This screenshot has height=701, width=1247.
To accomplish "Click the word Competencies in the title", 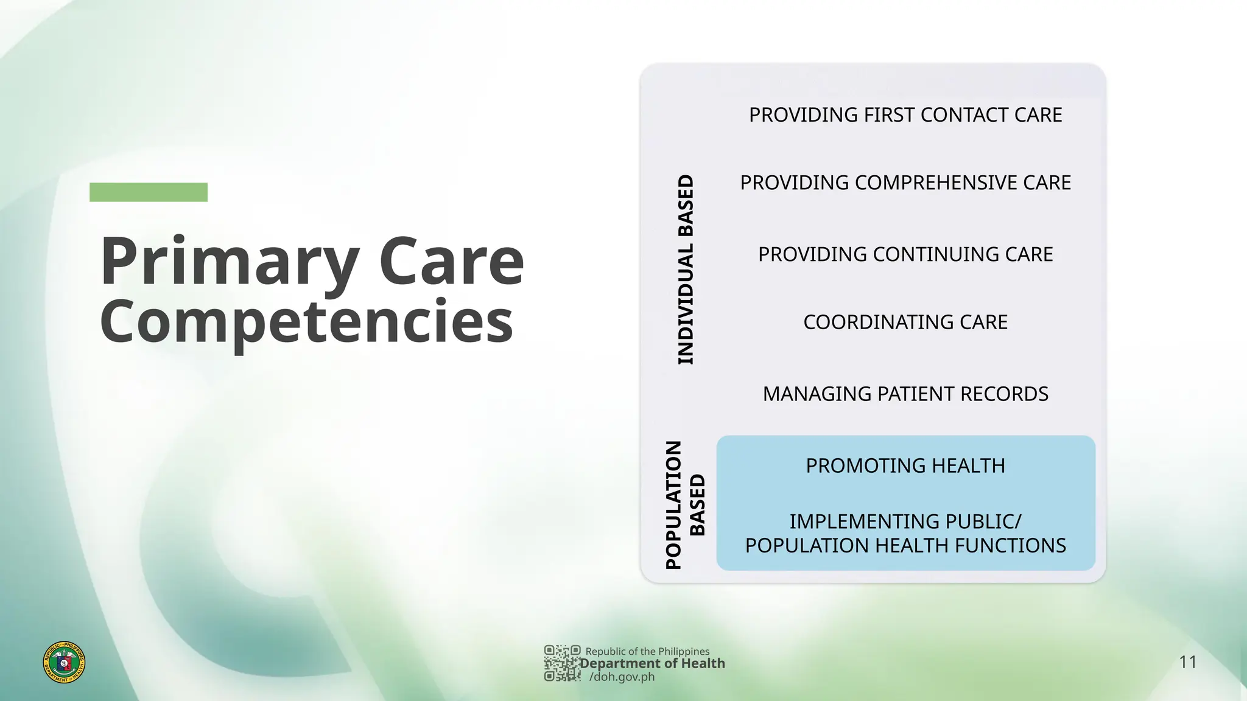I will point(306,323).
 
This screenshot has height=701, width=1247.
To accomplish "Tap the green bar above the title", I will point(148,192).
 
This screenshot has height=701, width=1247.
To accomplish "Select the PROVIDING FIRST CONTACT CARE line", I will point(905,115).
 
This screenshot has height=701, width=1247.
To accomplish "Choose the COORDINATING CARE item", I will point(905,322).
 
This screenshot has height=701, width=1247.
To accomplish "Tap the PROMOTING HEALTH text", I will point(905,466).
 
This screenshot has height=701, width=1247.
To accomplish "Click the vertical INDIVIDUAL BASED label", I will point(686,270).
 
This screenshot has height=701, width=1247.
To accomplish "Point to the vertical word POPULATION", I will point(673,505).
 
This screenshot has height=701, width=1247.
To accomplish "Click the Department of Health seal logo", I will point(64,662).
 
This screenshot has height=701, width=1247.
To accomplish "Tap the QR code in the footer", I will point(561,663).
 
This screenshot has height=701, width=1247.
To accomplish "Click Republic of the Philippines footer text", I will point(647,651).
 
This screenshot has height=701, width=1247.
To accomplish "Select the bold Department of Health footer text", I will point(652,663).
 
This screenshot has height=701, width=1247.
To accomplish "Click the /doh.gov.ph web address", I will point(622,677).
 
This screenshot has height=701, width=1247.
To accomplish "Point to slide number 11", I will point(1188,662).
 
